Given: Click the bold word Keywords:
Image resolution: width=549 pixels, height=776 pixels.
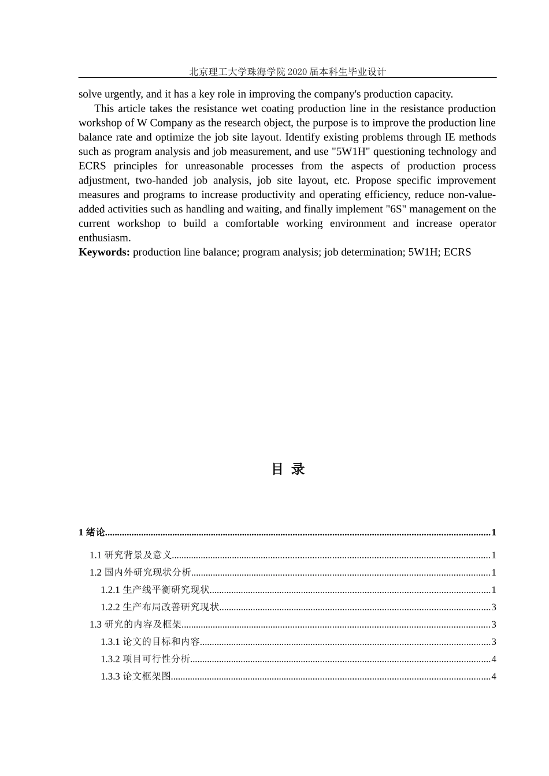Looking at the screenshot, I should pyautogui.click(x=104, y=252).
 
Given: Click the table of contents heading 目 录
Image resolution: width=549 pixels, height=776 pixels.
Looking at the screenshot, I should pyautogui.click(x=288, y=469).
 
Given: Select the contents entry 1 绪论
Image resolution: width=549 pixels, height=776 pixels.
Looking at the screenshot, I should pyautogui.click(x=92, y=532).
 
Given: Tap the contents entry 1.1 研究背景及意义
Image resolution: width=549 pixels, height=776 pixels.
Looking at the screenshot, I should pyautogui.click(x=131, y=555).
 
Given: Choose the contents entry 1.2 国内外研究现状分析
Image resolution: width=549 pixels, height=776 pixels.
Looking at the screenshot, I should pyautogui.click(x=140, y=572).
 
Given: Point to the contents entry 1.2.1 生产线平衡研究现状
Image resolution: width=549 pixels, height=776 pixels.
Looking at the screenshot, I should pyautogui.click(x=155, y=590).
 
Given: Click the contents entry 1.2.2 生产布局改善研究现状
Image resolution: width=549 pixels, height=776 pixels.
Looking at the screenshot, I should pyautogui.click(x=159, y=607).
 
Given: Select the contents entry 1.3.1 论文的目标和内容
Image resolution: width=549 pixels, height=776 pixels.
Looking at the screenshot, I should pyautogui.click(x=150, y=641).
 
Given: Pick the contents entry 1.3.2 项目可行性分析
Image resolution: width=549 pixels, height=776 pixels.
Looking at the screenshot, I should pyautogui.click(x=145, y=659).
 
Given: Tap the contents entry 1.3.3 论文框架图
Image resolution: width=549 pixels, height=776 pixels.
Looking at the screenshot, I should pyautogui.click(x=136, y=676).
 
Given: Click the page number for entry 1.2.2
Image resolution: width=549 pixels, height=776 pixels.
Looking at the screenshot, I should pyautogui.click(x=494, y=607).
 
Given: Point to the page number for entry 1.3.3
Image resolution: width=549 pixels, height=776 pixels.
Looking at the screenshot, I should pyautogui.click(x=494, y=676).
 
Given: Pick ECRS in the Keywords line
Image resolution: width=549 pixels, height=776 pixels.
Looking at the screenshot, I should pyautogui.click(x=457, y=252).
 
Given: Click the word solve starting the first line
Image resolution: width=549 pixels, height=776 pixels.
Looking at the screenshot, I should pyautogui.click(x=90, y=94).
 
